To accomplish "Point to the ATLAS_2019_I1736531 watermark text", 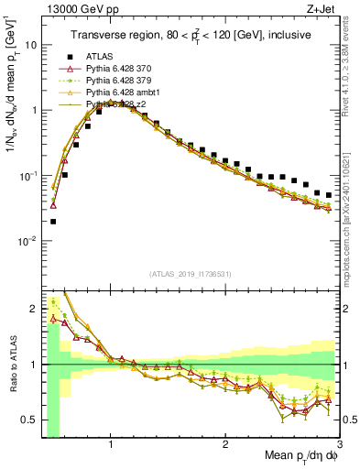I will (x=191, y=274).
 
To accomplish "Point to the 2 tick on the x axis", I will (x=225, y=442).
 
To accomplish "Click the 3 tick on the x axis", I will (x=339, y=442).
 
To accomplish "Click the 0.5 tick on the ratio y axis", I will (x=29, y=420).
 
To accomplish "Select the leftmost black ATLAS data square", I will (x=53, y=221).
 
